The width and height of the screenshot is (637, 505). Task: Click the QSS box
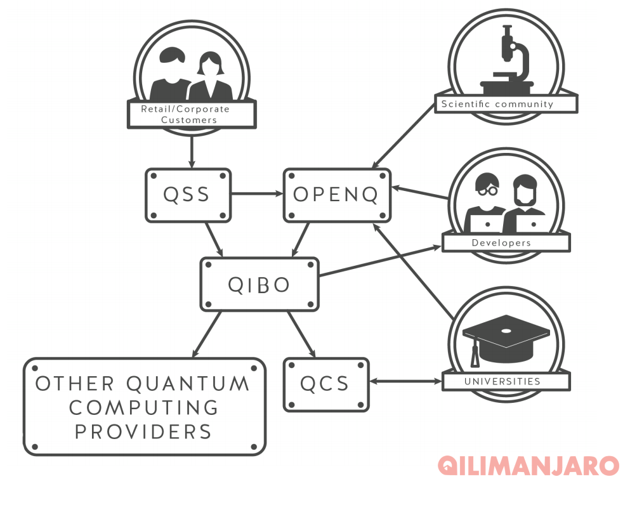click(188, 195)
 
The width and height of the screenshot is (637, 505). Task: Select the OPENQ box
click(336, 195)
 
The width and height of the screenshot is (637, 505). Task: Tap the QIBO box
click(259, 285)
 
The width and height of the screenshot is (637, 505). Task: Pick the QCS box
click(325, 384)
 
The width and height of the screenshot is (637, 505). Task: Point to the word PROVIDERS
click(143, 432)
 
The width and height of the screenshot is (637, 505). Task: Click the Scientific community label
click(506, 104)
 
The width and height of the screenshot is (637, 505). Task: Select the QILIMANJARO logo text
click(528, 465)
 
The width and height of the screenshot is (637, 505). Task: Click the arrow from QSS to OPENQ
click(257, 193)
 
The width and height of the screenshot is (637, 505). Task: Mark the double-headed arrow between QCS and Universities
click(405, 382)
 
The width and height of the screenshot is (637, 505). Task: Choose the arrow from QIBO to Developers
click(381, 261)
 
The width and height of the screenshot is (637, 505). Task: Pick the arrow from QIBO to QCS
click(301, 334)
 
